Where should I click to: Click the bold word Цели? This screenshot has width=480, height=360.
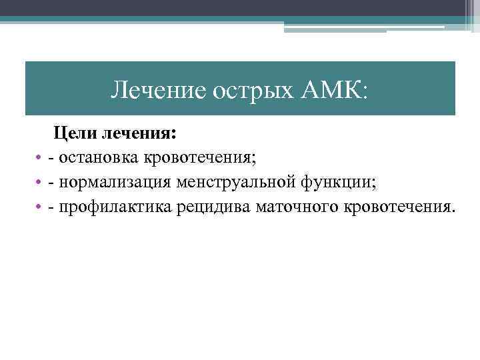point(75,134)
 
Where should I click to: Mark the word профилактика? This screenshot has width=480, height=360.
point(115,207)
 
